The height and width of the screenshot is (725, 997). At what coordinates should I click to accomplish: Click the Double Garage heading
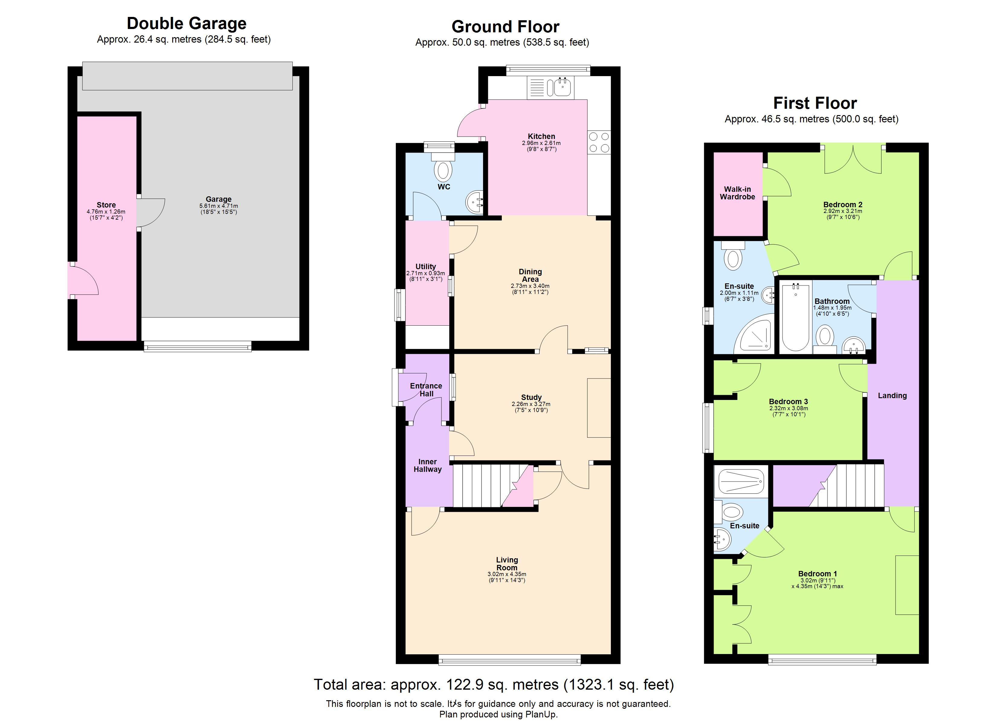click(186, 23)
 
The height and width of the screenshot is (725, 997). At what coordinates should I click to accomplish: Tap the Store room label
click(106, 205)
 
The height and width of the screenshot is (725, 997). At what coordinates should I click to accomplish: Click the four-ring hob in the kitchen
click(599, 142)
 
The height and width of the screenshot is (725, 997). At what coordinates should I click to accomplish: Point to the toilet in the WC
click(443, 169)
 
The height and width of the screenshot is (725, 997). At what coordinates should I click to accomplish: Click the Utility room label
click(425, 266)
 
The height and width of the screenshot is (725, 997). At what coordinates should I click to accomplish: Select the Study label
click(531, 397)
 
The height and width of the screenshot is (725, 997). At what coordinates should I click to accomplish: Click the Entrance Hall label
click(426, 390)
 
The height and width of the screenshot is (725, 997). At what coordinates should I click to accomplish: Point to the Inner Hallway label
click(427, 466)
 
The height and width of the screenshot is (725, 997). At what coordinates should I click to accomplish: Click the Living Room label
click(507, 564)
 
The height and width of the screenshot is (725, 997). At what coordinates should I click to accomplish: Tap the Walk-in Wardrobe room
click(737, 193)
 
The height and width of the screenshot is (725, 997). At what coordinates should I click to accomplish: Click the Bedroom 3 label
click(788, 401)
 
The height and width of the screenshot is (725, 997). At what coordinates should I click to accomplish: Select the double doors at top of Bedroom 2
click(853, 159)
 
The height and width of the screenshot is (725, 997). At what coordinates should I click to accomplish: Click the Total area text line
click(494, 684)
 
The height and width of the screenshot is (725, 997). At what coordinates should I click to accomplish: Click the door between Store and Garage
click(150, 212)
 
